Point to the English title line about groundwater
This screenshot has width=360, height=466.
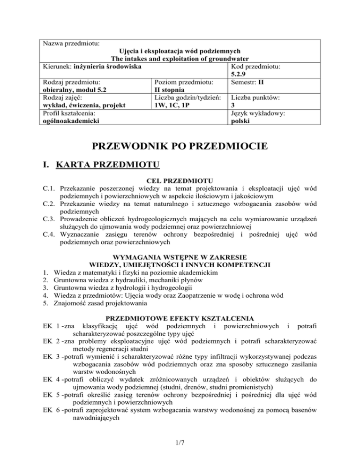(x=180, y=59)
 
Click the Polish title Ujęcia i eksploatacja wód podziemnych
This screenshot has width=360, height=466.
(x=180, y=51)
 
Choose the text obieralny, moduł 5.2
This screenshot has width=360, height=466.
(x=75, y=90)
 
